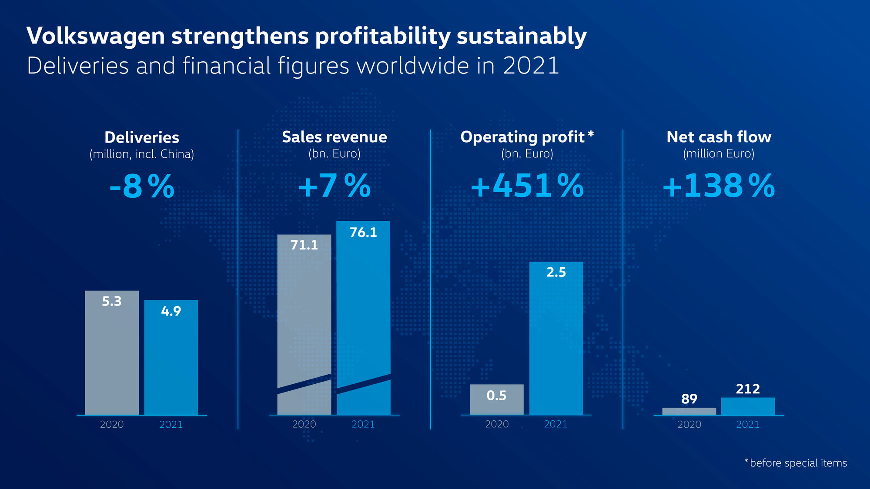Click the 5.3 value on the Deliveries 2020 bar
(x=111, y=301)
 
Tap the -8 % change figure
(x=142, y=186)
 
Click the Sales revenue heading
(x=334, y=137)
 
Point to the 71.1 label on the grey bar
(x=304, y=245)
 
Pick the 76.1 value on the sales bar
(x=363, y=233)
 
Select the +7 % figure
(x=334, y=186)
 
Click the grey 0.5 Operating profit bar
(x=496, y=400)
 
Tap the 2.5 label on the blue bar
(x=556, y=273)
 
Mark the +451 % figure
(x=527, y=186)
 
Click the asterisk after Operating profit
(x=591, y=133)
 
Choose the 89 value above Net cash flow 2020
(x=689, y=399)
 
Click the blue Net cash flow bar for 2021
(x=748, y=406)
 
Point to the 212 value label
(x=748, y=389)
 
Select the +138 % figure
(x=718, y=186)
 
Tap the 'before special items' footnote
(x=798, y=463)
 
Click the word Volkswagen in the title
(x=95, y=36)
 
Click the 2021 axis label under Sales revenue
(x=363, y=424)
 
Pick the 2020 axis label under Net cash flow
(x=689, y=424)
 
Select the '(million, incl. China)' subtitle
(x=142, y=154)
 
